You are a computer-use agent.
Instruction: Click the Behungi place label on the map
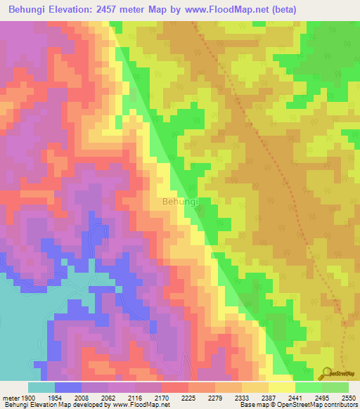[x=181, y=202]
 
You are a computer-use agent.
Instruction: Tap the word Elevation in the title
[x=82, y=9]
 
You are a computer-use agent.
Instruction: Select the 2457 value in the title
[x=122, y=9]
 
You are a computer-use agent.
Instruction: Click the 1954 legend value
[x=67, y=397]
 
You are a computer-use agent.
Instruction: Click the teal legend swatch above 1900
[x=41, y=387]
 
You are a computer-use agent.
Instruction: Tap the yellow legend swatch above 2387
[x=281, y=387]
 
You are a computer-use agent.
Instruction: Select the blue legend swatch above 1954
[x=67, y=387]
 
